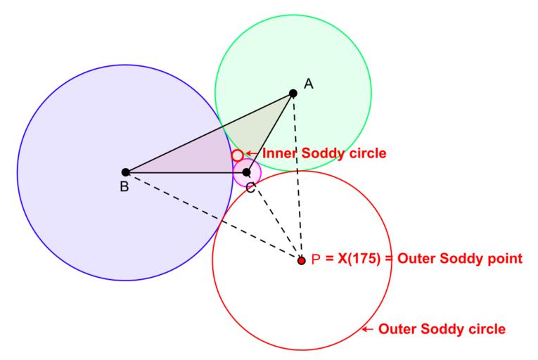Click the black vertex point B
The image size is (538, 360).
click(125, 172)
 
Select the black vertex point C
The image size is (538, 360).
click(246, 172)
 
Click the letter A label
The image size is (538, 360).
click(308, 84)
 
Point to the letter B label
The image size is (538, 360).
click(124, 187)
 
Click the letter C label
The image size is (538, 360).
click(250, 187)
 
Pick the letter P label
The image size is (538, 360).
click(316, 259)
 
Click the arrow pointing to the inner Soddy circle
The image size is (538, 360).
click(252, 153)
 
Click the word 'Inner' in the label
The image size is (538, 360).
click(278, 153)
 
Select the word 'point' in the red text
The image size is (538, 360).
click(503, 259)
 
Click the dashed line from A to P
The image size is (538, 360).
click(297, 176)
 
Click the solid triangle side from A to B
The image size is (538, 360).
click(210, 132)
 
